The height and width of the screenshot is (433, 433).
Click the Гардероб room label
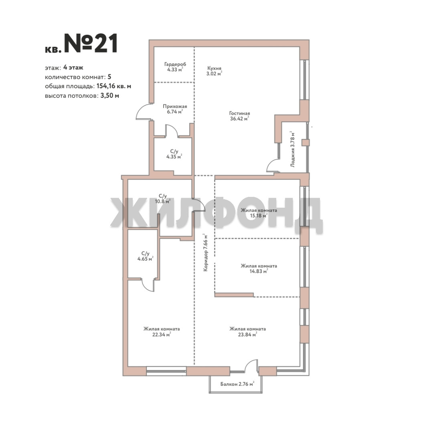175,67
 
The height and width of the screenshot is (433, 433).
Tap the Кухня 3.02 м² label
214,71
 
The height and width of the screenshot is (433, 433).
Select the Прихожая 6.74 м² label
175,109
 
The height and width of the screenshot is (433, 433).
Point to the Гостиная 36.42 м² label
239,116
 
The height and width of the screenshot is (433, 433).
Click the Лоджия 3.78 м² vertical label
292,149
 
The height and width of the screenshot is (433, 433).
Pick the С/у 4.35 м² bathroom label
174,154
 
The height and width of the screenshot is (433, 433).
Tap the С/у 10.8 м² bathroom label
163,199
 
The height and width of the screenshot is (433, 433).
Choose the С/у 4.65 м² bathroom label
145,256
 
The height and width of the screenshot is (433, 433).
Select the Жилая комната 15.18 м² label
259,213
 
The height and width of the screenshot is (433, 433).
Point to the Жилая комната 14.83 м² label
259,269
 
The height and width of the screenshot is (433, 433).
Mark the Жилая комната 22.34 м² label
162,332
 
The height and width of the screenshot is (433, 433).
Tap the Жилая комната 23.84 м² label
247,332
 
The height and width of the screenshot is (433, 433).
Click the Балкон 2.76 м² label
237,384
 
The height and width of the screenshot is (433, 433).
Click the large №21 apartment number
91,43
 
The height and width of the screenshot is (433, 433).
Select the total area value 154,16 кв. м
114,86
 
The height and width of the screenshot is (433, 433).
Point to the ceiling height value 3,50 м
109,96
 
